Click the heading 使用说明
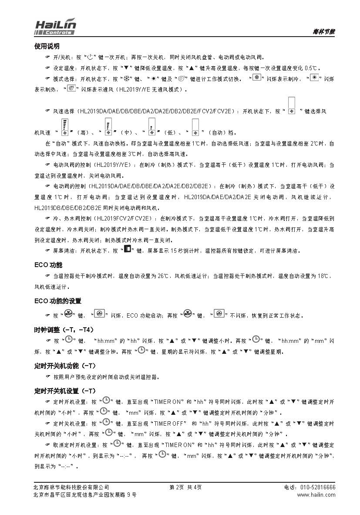pyautogui.click(x=47, y=46)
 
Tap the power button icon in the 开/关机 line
pyautogui.click(x=90, y=57)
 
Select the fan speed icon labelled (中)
pyautogui.click(x=108, y=127)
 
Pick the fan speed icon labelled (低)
pyautogui.click(x=152, y=127)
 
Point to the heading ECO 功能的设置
pyautogui.click(x=57, y=301)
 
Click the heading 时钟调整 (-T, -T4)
pyautogui.click(x=64, y=329)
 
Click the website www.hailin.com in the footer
pyautogui.click(x=316, y=495)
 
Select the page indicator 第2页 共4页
pyautogui.click(x=185, y=487)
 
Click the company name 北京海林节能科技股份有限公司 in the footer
pyautogui.click(x=71, y=487)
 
